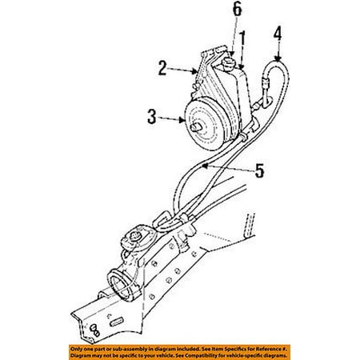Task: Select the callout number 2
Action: click(162, 68)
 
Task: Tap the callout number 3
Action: click(152, 117)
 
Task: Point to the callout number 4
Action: click(278, 34)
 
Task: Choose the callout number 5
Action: click(259, 170)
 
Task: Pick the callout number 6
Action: click(237, 10)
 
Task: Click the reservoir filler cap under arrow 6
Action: click(227, 64)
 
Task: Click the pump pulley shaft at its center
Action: click(196, 127)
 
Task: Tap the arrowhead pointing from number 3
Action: click(182, 120)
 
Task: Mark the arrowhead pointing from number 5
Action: click(205, 166)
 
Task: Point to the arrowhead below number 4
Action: click(278, 58)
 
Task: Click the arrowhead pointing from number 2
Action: click(194, 71)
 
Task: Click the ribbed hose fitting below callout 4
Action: click(266, 85)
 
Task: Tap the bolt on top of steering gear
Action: click(135, 235)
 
